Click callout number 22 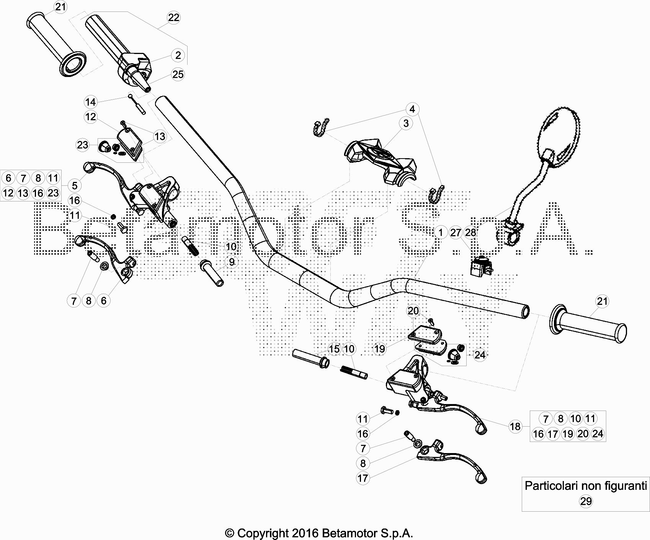click(x=174, y=18)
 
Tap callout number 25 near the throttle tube click(x=178, y=74)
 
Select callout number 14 click(x=91, y=102)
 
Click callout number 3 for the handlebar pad click(x=406, y=123)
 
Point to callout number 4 click(x=412, y=109)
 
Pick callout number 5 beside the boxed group click(x=75, y=186)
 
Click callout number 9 click(x=232, y=262)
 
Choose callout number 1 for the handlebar click(x=441, y=232)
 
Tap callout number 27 click(x=456, y=232)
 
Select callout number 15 click(x=334, y=349)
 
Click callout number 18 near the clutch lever click(x=515, y=426)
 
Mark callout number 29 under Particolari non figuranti click(x=586, y=501)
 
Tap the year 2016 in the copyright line click(x=305, y=533)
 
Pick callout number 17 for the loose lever click(x=363, y=478)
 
